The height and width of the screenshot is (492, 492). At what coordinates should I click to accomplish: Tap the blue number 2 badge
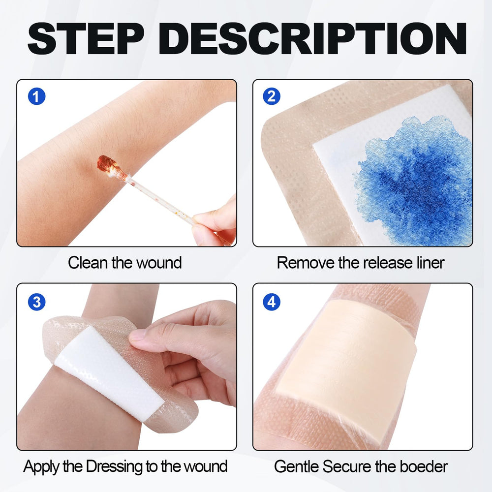tap(271, 96)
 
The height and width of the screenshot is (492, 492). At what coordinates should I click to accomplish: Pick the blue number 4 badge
tap(271, 301)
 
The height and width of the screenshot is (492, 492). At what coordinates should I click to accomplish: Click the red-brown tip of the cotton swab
tap(105, 164)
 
